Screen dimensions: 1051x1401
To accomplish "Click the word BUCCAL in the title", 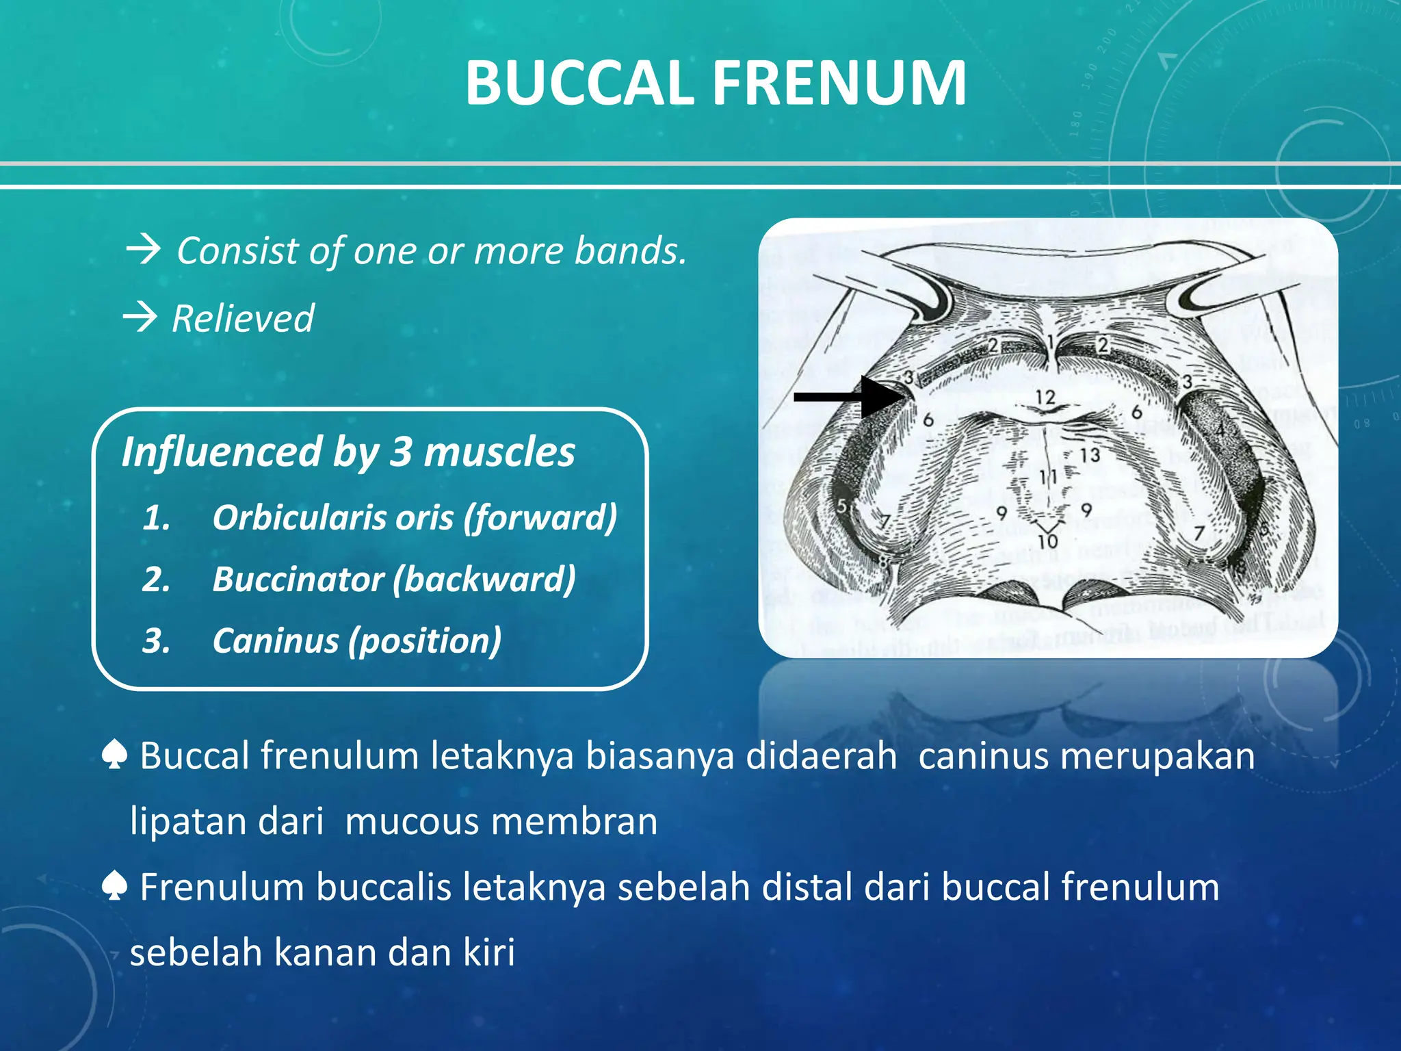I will point(579,83).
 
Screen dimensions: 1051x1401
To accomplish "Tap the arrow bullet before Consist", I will point(143,250).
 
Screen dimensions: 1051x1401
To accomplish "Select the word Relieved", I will point(243,319).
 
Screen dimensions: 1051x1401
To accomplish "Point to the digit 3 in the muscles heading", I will point(400,452).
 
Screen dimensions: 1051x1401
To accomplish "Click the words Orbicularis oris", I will point(332,517).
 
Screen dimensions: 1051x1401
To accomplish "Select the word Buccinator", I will point(298,580).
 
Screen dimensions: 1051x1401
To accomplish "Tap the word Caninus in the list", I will point(276,641).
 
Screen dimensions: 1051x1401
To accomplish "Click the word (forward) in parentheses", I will point(540,517).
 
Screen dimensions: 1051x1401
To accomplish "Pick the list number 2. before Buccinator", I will point(157,580).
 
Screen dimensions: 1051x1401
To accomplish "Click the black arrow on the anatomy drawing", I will point(848,396).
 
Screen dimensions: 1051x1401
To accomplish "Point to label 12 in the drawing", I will point(1045,398).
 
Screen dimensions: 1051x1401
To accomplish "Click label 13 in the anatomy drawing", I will point(1090,455).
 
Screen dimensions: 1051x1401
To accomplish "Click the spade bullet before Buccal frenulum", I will point(114,756).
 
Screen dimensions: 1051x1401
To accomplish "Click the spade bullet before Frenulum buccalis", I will point(114,887).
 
